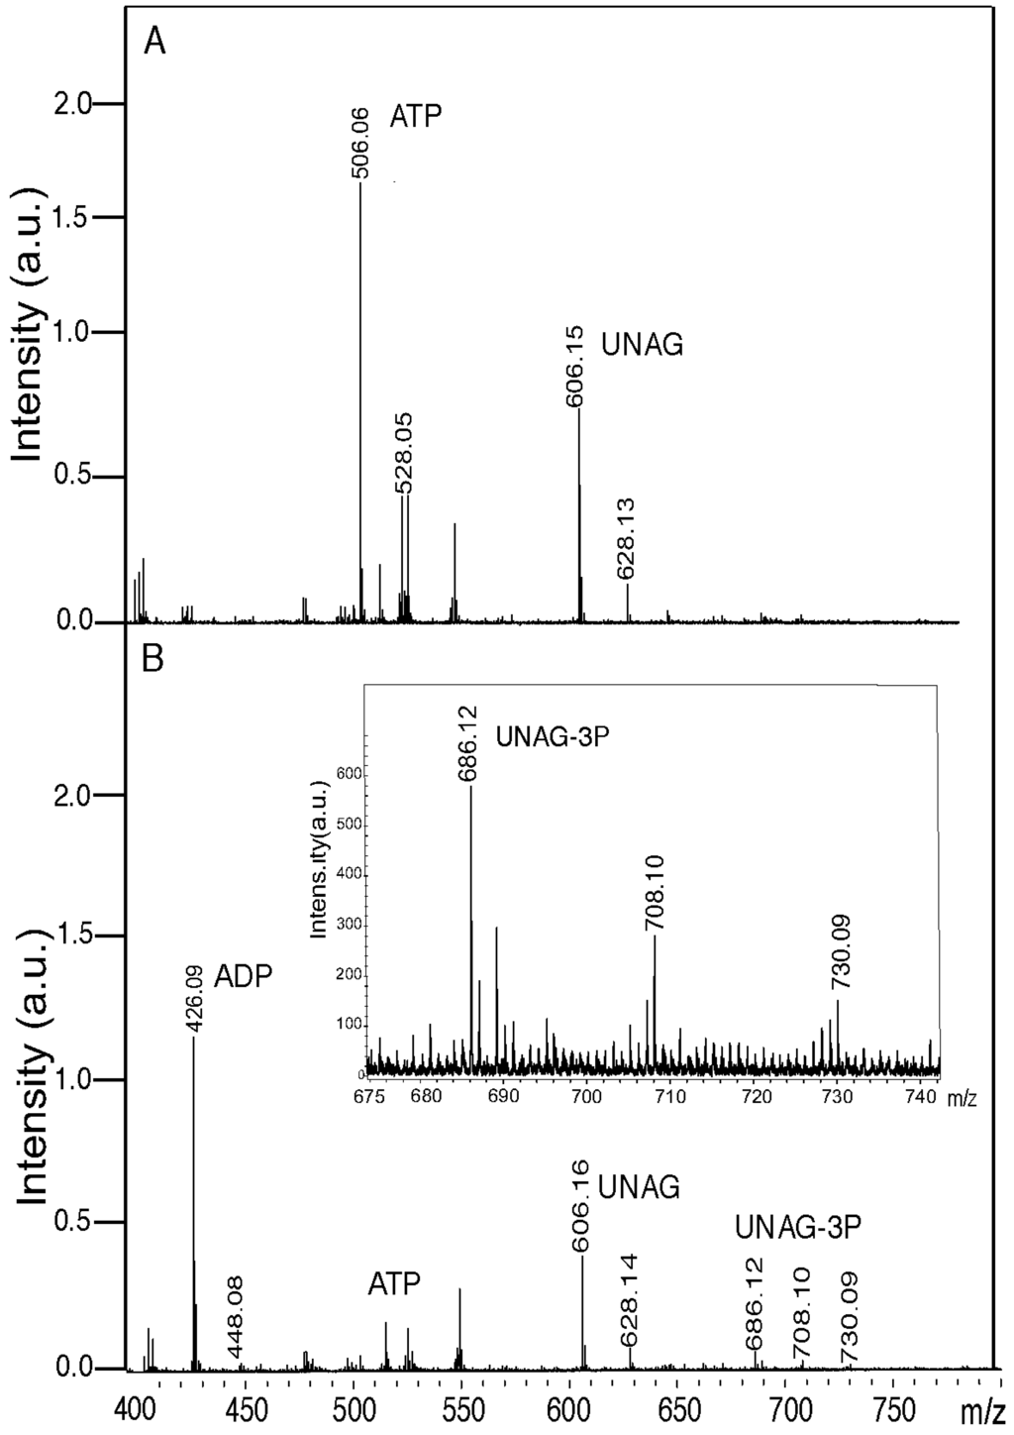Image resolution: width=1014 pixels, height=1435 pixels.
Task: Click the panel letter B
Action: click(x=153, y=659)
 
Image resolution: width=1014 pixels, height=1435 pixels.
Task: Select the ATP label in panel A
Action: click(x=415, y=116)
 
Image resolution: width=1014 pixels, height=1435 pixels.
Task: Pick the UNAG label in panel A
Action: click(x=644, y=346)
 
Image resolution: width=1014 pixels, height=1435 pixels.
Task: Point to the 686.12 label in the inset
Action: click(x=468, y=744)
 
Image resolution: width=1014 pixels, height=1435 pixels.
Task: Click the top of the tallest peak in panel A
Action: click(x=360, y=184)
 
